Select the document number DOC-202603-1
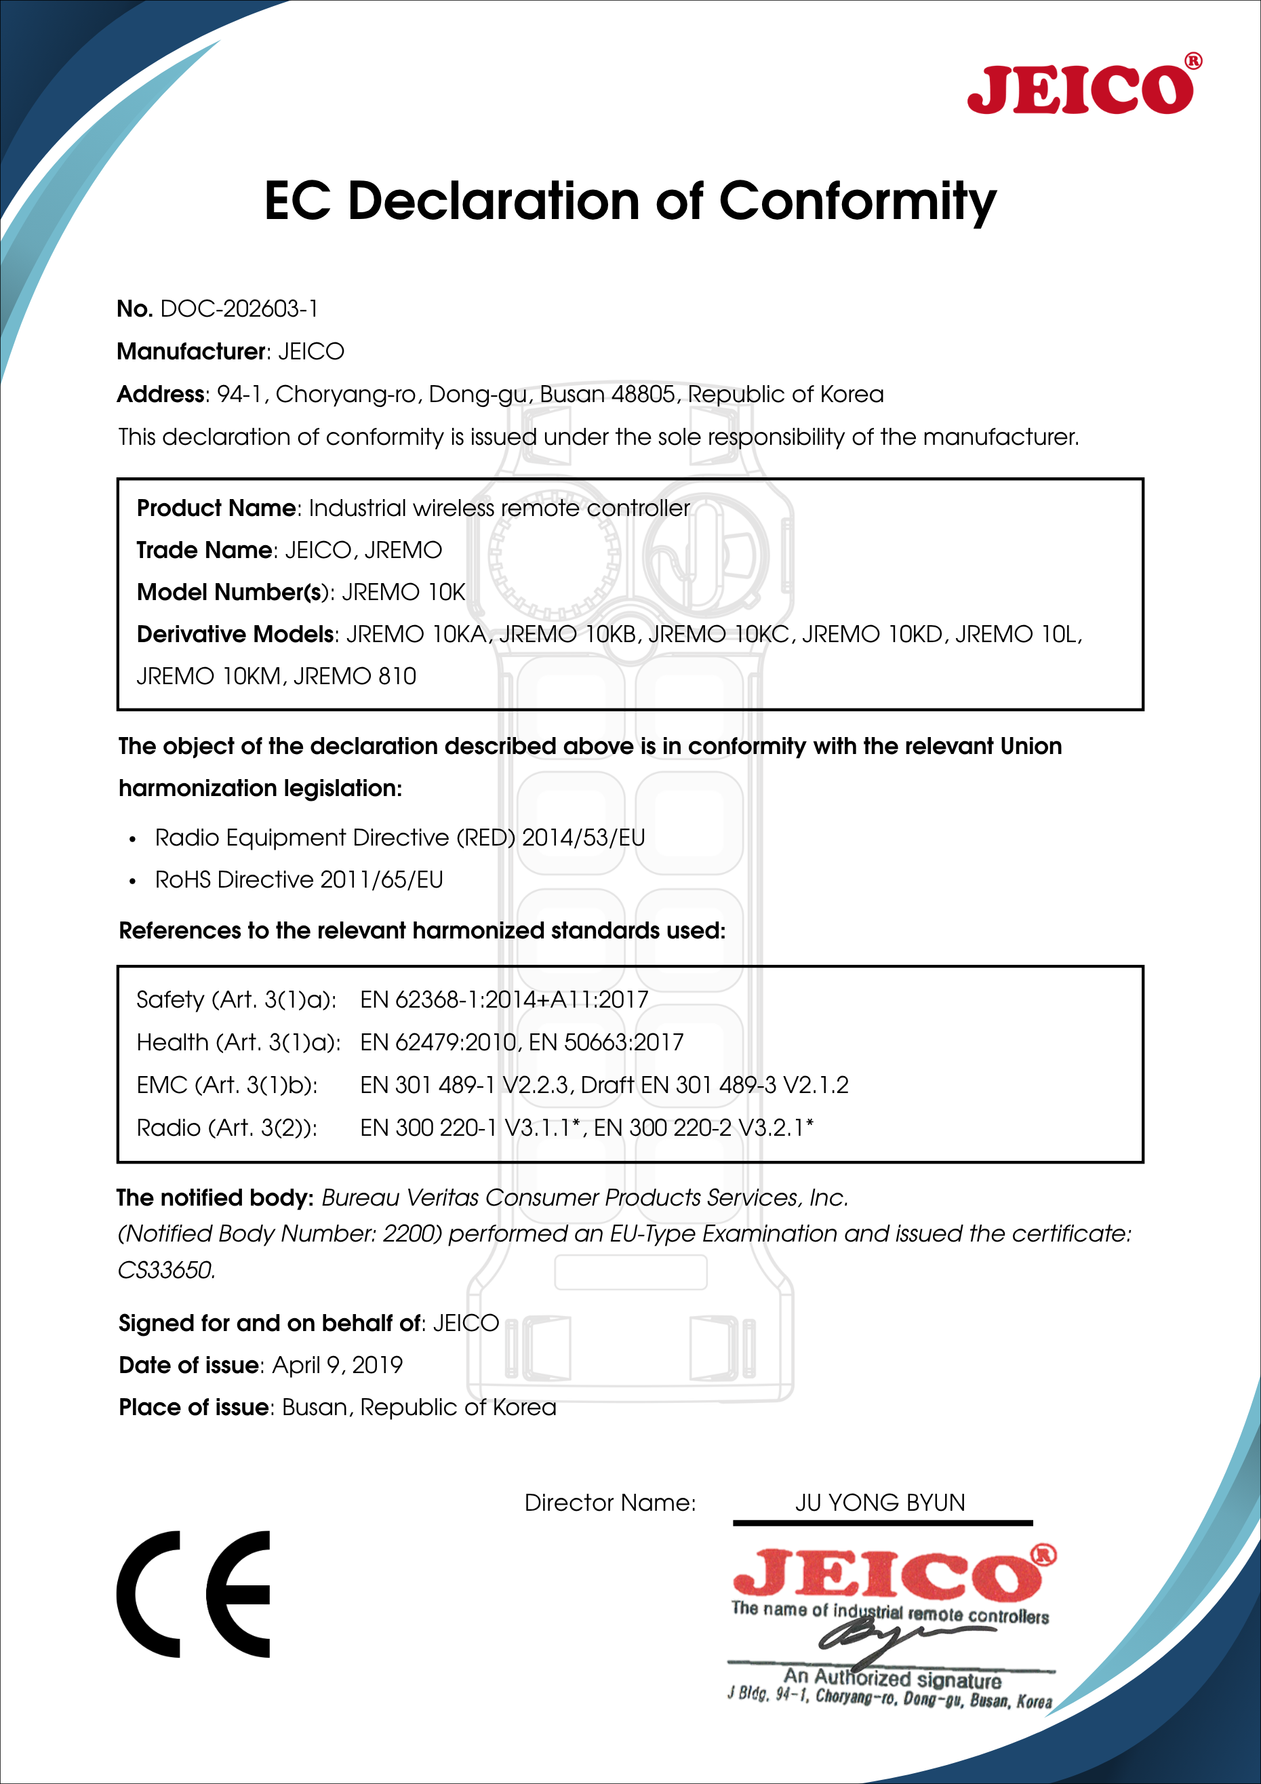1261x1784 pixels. [239, 309]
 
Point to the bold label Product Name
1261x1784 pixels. [217, 508]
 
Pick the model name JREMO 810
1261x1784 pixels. [355, 677]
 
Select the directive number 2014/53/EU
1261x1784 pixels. [583, 837]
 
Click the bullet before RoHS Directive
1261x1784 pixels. [133, 881]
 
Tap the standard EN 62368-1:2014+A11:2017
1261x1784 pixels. [504, 1000]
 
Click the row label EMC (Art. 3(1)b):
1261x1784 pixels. [227, 1086]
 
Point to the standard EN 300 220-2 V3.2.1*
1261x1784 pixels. [703, 1128]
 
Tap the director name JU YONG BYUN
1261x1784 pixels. [879, 1503]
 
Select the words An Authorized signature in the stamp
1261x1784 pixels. [892, 1679]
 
